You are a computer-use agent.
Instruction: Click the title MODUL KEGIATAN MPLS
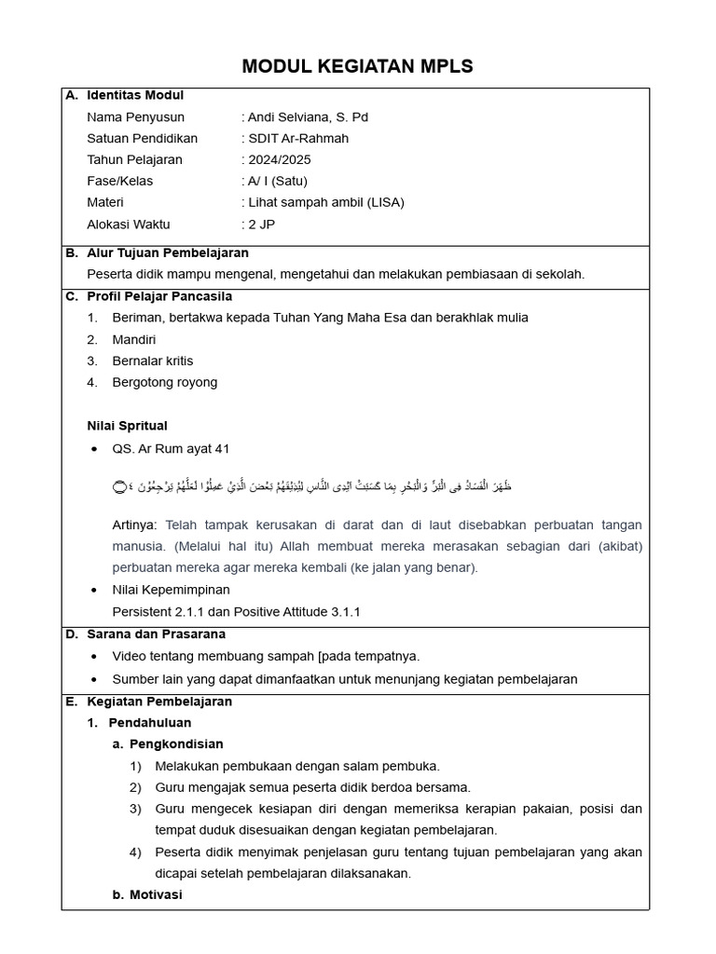pos(357,66)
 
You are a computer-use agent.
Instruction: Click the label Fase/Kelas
pos(119,182)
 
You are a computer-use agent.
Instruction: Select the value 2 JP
pos(261,225)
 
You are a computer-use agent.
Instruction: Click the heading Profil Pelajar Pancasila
pos(159,297)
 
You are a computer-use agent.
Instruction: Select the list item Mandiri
pos(134,340)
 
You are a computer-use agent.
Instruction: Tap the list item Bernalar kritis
pos(153,361)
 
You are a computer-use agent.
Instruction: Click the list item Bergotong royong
pos(164,383)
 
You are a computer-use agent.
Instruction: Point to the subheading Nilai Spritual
pos(127,427)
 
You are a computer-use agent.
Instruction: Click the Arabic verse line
pos(312,487)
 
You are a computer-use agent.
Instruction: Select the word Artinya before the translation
pos(134,525)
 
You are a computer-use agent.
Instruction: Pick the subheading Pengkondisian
pos(176,744)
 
